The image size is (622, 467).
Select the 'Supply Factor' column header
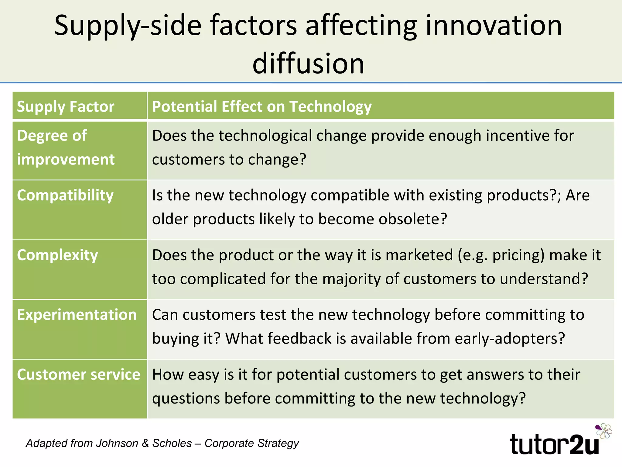point(66,106)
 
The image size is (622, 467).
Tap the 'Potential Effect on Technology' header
point(262,106)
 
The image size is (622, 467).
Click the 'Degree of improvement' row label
point(66,147)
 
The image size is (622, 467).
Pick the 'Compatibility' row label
point(65,195)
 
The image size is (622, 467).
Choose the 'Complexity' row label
point(57,255)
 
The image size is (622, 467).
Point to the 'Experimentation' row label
point(77,315)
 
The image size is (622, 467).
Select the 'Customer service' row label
point(78,374)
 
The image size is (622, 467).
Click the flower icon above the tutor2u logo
point(603,431)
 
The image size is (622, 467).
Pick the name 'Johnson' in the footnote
point(117,443)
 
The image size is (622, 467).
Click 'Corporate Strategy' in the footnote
point(251,443)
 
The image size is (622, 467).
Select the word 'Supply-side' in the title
point(128,26)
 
